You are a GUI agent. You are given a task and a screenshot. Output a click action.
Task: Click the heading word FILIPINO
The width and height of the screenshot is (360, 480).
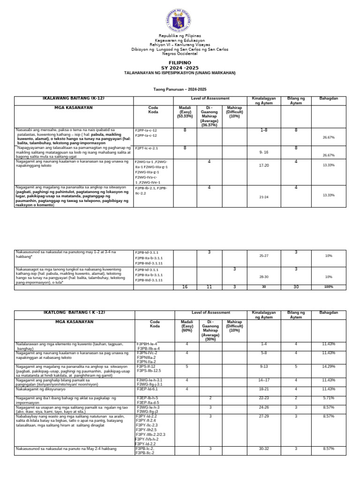(x=180, y=62)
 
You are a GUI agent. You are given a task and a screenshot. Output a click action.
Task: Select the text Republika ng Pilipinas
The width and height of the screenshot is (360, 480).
(x=180, y=36)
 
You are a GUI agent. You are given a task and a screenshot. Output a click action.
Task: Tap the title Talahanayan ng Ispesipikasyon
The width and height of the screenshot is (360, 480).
(x=180, y=73)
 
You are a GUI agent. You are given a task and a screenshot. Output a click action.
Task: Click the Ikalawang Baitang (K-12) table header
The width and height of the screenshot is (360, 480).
(x=74, y=99)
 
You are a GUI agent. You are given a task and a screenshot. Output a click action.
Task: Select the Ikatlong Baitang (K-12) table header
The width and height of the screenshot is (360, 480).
(x=74, y=313)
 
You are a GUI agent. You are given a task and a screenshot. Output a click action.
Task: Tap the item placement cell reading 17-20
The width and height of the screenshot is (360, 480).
(x=264, y=165)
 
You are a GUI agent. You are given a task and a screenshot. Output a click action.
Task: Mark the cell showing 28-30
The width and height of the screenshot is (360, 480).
(x=264, y=277)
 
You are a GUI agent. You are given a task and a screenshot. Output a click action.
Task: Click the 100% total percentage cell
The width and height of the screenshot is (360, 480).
(x=328, y=286)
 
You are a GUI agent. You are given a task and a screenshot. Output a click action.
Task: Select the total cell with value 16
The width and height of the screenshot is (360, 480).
(x=185, y=286)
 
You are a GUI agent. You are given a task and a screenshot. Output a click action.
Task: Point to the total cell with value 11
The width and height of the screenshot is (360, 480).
(x=210, y=286)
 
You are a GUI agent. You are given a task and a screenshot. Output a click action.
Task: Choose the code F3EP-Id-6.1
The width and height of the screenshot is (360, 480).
(x=147, y=389)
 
